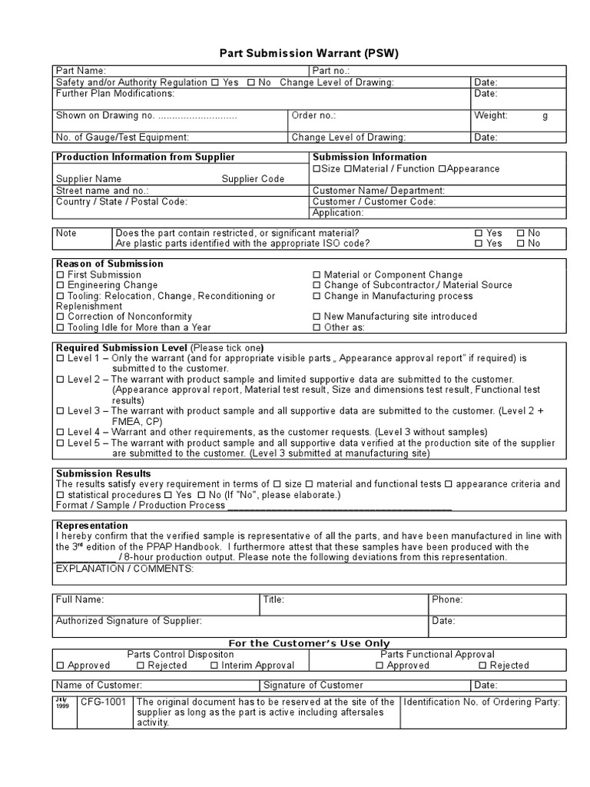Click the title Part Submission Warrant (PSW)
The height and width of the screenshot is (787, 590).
pyautogui.click(x=310, y=53)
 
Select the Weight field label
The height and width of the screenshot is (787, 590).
pyautogui.click(x=490, y=115)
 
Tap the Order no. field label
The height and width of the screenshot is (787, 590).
pyautogui.click(x=313, y=115)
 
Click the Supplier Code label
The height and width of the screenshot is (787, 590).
pyautogui.click(x=253, y=179)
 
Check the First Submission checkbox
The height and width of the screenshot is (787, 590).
pyautogui.click(x=61, y=274)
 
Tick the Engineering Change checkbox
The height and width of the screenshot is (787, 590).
pyautogui.click(x=61, y=285)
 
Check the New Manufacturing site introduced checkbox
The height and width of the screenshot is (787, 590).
pyautogui.click(x=317, y=317)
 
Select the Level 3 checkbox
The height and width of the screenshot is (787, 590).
pyautogui.click(x=61, y=411)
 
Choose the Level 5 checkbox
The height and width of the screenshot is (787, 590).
pyautogui.click(x=61, y=443)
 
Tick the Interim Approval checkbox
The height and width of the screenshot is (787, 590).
pyautogui.click(x=215, y=666)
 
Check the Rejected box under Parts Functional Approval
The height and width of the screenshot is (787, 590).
pyautogui.click(x=482, y=666)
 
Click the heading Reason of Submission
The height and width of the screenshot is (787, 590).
pyautogui.click(x=99, y=264)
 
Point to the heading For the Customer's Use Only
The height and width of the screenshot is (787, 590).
pyautogui.click(x=310, y=643)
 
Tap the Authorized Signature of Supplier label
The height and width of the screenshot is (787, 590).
pyautogui.click(x=128, y=620)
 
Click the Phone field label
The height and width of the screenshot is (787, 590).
pyautogui.click(x=446, y=599)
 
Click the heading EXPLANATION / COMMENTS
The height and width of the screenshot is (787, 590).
pyautogui.click(x=124, y=569)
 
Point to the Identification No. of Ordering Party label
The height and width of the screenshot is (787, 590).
pyautogui.click(x=482, y=702)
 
